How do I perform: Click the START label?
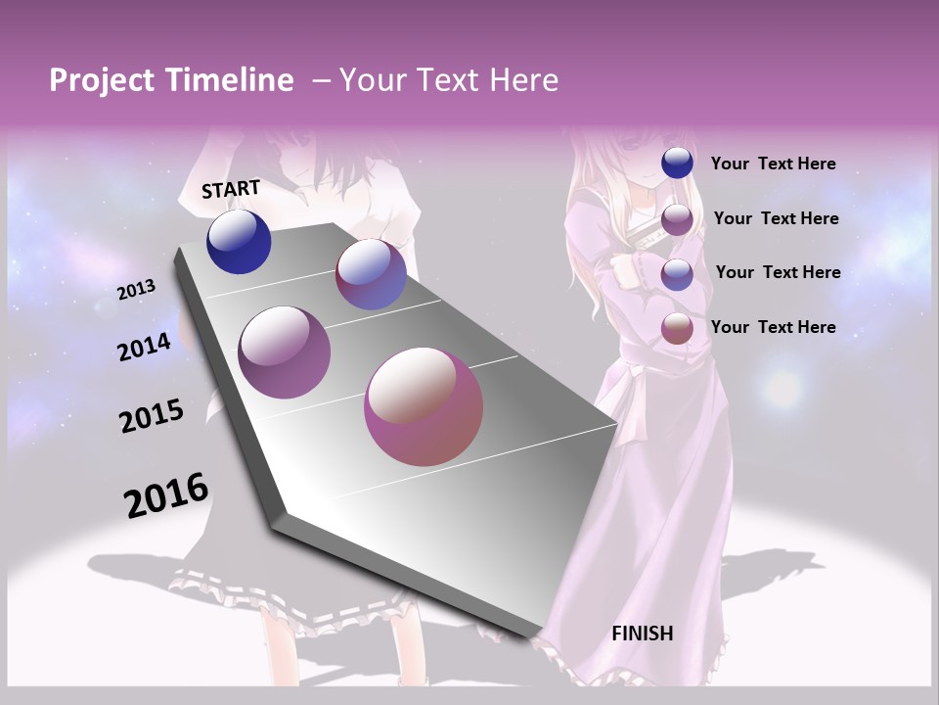(231, 189)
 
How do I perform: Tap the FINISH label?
(643, 634)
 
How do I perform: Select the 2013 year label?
(136, 290)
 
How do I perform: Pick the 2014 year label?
(144, 348)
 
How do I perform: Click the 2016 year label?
(166, 495)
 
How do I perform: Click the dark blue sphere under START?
(239, 242)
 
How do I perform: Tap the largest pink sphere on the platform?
(424, 406)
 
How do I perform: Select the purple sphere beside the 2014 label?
(285, 352)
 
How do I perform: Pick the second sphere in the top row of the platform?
(371, 274)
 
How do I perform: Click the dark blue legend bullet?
(677, 164)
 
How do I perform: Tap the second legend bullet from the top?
(677, 218)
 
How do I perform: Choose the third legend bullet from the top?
(677, 273)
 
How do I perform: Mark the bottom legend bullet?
(677, 328)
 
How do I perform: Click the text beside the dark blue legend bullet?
(773, 164)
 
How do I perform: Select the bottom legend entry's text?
(773, 327)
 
